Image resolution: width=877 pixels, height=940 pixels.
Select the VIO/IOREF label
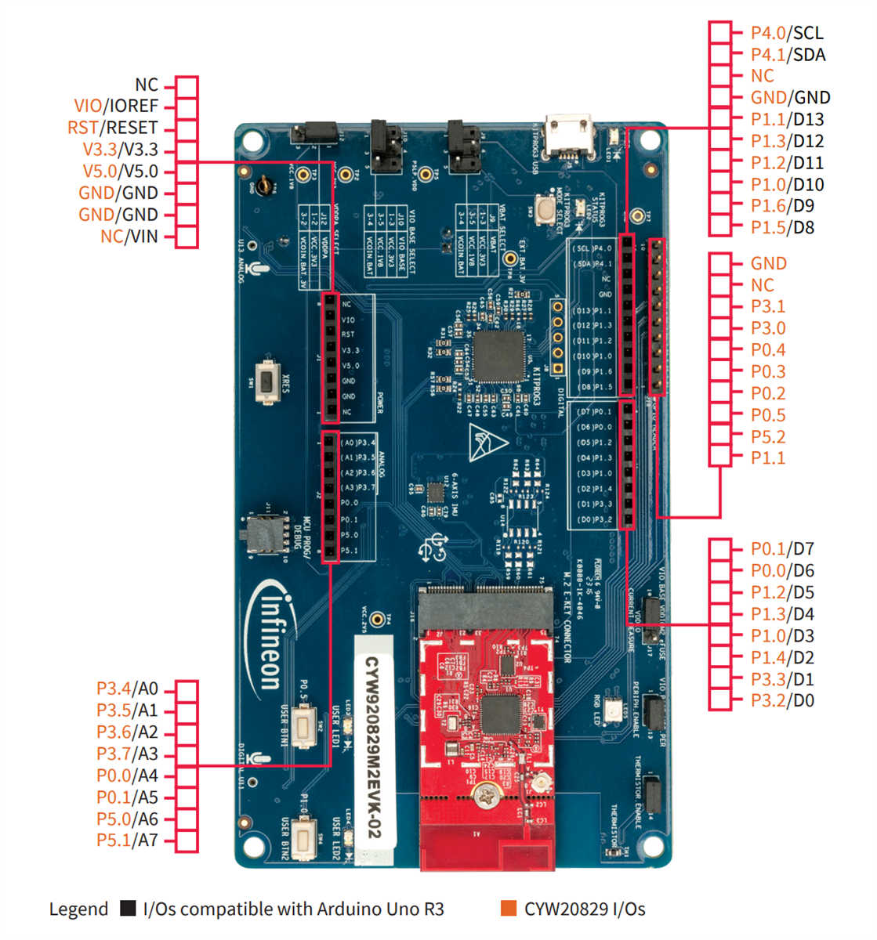[116, 107]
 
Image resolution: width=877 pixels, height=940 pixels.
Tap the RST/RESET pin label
[112, 128]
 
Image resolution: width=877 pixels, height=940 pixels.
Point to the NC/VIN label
[129, 237]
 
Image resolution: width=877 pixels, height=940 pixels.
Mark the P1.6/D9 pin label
[781, 206]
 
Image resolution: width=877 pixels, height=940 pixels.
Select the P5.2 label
[767, 437]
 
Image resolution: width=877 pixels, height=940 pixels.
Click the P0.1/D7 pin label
[781, 549]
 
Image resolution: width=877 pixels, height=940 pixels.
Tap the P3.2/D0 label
[781, 701]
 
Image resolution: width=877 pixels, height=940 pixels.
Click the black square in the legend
[128, 909]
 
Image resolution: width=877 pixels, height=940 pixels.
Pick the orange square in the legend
[509, 909]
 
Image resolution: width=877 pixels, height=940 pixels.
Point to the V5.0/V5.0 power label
[120, 172]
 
